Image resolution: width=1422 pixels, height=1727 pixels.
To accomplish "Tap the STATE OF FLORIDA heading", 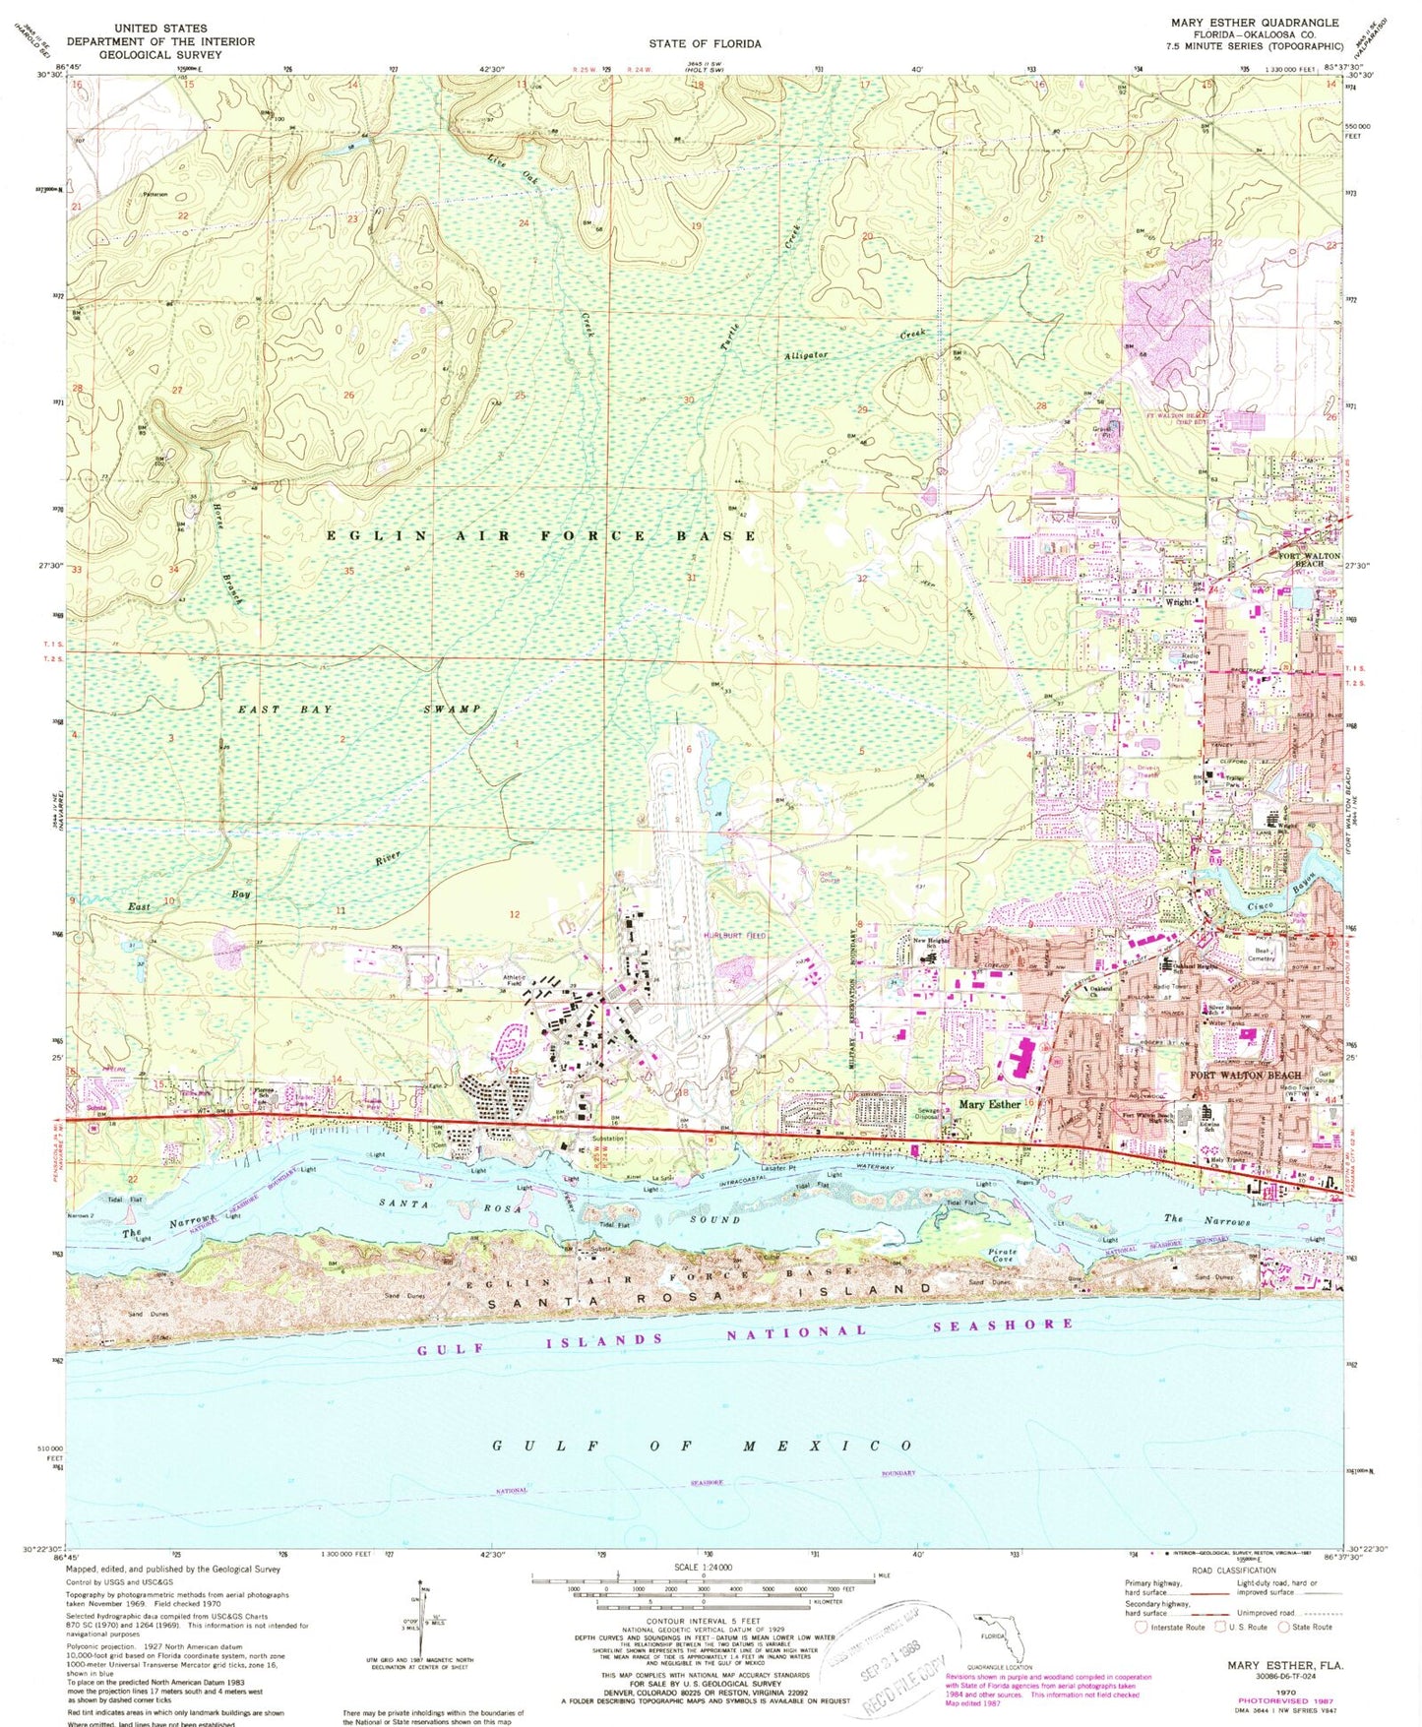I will [704, 43].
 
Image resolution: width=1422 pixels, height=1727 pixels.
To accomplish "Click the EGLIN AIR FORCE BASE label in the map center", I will [542, 535].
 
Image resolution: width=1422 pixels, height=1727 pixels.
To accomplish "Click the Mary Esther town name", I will [989, 1104].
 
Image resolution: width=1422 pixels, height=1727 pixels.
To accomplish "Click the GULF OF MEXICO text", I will [703, 1446].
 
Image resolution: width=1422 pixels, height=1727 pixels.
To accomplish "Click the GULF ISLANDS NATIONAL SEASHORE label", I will [746, 1332].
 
